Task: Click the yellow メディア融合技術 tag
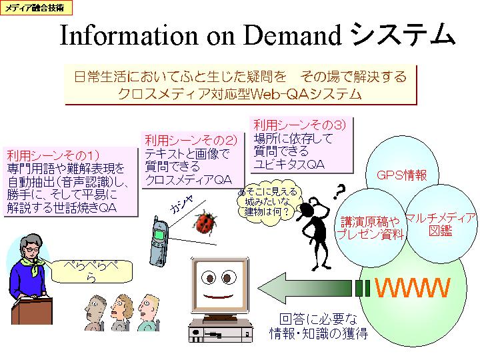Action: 36,7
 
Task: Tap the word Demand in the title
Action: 293,35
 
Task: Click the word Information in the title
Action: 129,35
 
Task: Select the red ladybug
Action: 205,222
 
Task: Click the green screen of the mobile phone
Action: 159,235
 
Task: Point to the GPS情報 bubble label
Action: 401,175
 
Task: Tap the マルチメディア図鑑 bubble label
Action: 440,224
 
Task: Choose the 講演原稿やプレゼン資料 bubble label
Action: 370,228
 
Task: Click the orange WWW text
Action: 412,288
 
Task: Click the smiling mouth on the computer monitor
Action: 218,296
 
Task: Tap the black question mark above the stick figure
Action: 339,192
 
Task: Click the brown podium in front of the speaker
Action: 32,308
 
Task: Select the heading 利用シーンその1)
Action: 53,155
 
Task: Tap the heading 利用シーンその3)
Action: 299,125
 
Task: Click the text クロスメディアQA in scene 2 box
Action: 189,180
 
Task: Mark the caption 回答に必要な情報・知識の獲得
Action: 319,326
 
